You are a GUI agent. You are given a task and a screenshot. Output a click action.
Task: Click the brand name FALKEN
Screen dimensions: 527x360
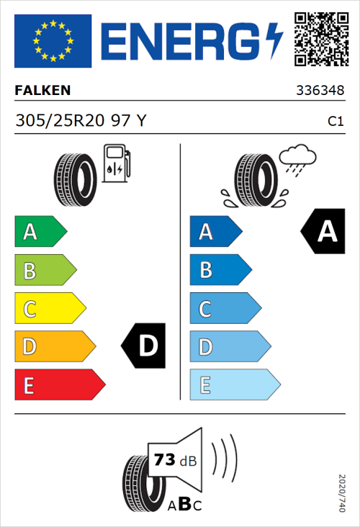point(43,91)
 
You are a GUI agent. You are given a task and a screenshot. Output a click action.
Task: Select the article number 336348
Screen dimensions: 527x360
point(320,91)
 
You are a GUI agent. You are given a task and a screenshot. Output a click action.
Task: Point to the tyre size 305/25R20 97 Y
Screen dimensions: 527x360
point(81,121)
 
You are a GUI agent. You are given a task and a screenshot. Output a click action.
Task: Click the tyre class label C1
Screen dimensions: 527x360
point(336,122)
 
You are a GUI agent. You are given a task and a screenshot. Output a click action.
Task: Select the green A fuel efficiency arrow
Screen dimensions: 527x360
point(40,232)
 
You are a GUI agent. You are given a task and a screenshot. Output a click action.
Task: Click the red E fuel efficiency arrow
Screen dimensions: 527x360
point(59,384)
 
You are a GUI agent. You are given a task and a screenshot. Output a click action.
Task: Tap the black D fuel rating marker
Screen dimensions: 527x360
point(145,346)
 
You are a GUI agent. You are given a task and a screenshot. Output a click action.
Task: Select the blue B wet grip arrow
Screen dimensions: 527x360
point(220,270)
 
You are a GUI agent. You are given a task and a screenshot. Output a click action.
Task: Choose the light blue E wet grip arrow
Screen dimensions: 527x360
point(234,384)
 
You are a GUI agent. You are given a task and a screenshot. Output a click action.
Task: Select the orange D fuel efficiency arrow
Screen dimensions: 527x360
point(54,346)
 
